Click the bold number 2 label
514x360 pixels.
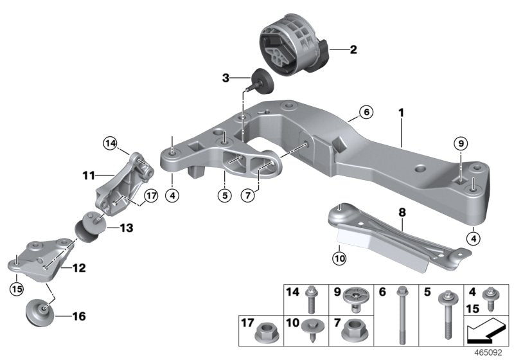(x=353, y=48)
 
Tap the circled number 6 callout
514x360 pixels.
(x=366, y=112)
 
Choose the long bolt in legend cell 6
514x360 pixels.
(x=402, y=315)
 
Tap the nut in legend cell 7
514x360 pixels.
(x=352, y=332)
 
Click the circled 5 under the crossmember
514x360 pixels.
(x=224, y=195)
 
